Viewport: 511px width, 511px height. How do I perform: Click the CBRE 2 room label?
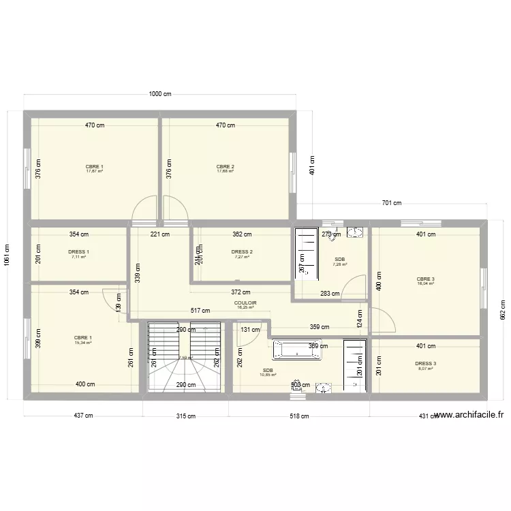tap(225, 167)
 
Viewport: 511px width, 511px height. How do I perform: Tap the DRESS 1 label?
tap(79, 252)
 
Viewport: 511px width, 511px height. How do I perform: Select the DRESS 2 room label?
tap(242, 252)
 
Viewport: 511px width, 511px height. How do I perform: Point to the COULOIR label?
tap(245, 303)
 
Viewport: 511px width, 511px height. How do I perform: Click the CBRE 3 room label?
tap(426, 279)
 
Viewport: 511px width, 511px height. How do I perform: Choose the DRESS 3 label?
tap(426, 364)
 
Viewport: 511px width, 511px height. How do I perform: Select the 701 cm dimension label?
tap(391, 203)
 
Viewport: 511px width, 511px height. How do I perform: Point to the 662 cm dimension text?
tap(502, 311)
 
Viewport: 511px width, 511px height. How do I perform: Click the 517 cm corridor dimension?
tap(200, 311)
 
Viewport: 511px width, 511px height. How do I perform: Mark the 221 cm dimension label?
tap(159, 234)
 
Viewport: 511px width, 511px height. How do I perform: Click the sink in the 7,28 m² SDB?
tap(354, 233)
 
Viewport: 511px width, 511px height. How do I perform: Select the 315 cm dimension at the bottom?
tap(185, 416)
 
